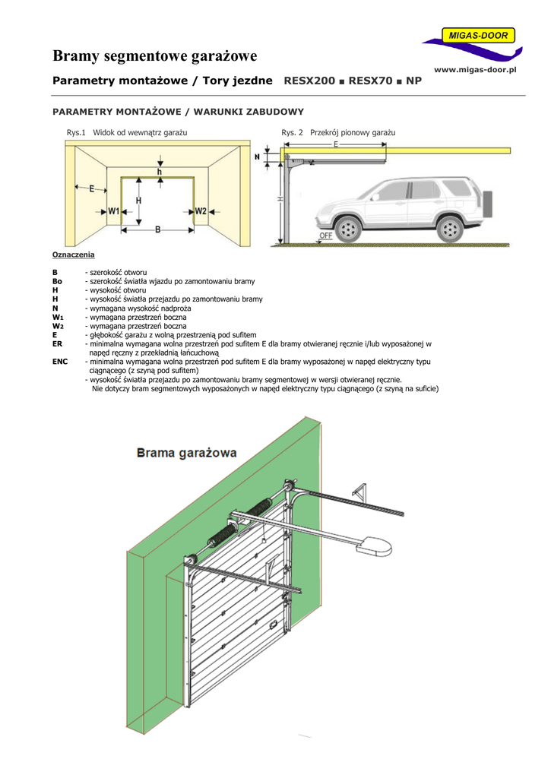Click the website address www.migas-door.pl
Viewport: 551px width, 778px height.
(475, 70)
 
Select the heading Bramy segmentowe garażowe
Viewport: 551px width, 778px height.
(155, 56)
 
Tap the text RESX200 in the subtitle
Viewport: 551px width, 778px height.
(309, 80)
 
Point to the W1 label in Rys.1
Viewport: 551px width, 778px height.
(114, 211)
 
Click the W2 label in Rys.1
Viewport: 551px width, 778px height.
(200, 211)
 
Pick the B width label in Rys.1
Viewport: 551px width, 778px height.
(157, 229)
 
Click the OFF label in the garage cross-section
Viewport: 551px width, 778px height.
(326, 236)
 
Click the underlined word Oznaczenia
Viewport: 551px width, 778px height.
(73, 255)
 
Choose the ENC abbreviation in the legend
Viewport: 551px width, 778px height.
(60, 362)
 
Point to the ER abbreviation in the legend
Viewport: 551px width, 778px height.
(57, 343)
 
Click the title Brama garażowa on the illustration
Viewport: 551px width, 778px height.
(186, 454)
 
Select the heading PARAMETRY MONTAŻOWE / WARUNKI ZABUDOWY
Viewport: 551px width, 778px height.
(178, 112)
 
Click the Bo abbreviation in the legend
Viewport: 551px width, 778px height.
(57, 281)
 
